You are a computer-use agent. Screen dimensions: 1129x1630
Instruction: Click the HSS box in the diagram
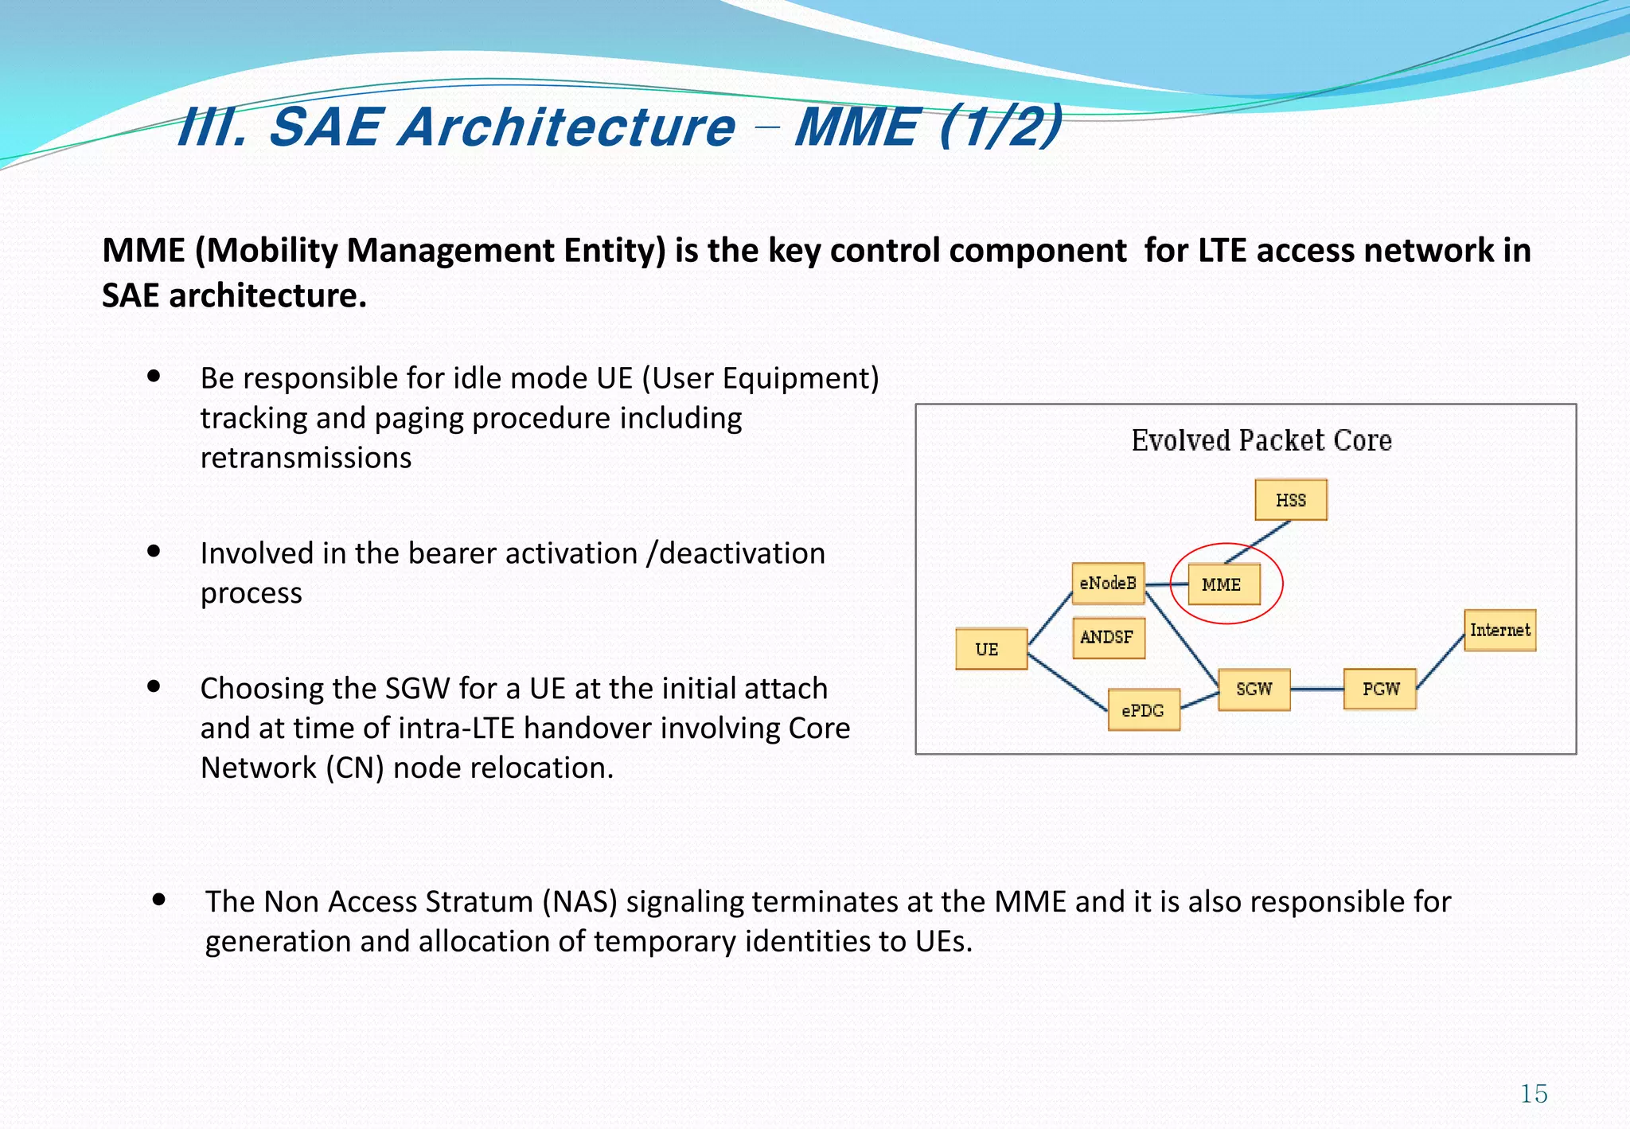[x=1290, y=500]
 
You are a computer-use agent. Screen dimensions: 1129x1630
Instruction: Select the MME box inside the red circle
[x=1223, y=584]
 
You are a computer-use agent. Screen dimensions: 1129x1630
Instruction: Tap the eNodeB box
[x=1108, y=584]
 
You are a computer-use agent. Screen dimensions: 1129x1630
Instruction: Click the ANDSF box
[x=1108, y=638]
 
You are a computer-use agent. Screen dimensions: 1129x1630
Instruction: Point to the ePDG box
[x=1144, y=710]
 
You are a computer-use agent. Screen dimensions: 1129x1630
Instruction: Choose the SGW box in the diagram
[x=1254, y=690]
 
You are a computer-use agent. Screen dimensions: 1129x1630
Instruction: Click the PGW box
[x=1379, y=690]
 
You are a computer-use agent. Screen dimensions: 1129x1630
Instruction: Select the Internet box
[x=1499, y=631]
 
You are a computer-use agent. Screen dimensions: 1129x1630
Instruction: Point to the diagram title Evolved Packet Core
[x=1261, y=440]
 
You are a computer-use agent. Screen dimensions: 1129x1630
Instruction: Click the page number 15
[x=1534, y=1094]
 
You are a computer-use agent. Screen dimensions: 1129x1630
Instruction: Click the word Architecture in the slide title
[x=567, y=127]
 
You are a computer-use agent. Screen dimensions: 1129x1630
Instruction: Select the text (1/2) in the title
[x=1001, y=127]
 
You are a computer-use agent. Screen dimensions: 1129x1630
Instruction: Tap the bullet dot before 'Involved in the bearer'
[x=154, y=551]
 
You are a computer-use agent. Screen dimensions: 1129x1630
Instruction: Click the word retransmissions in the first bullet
[x=306, y=458]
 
